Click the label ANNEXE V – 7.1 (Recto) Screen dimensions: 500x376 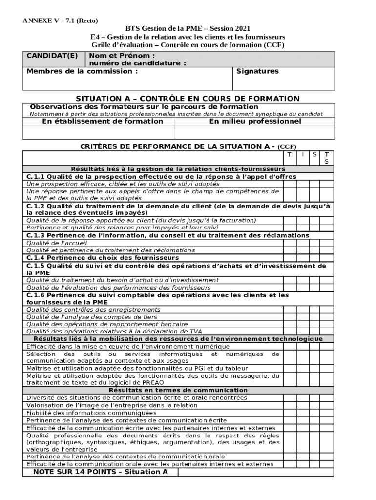60,21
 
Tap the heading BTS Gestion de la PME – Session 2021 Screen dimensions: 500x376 188,29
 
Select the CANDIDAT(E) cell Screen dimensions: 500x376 52,56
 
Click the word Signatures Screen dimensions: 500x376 257,71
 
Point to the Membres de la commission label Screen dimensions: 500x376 82,71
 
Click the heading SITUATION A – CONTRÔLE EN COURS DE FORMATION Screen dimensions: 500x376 188,99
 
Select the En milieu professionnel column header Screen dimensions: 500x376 255,121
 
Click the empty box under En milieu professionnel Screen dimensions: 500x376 255,132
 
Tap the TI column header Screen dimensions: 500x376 290,154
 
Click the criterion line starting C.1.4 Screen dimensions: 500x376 103,257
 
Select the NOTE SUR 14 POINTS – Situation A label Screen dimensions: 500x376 100,472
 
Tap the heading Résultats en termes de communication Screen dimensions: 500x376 178,390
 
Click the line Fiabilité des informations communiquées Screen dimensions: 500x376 91,413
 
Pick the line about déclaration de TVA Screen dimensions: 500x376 114,332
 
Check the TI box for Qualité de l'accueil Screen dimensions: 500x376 290,243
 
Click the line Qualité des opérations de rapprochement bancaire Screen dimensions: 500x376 107,324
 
